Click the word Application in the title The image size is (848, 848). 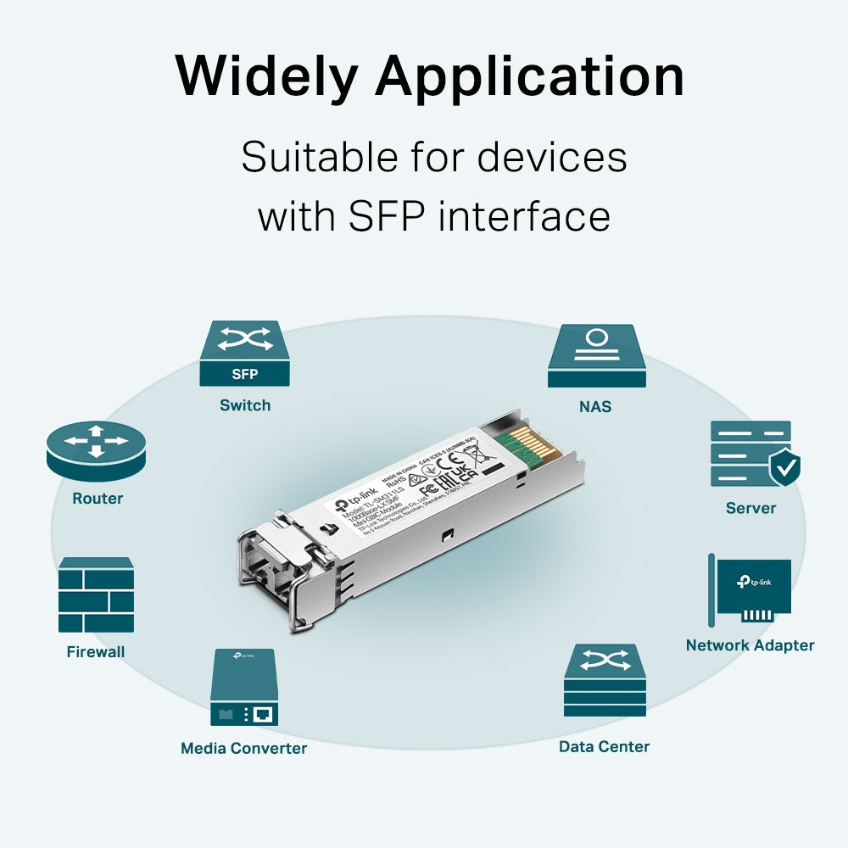[530, 76]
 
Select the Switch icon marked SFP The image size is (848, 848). [244, 354]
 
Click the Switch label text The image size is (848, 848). [245, 405]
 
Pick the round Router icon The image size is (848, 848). [96, 449]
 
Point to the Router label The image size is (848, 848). [98, 499]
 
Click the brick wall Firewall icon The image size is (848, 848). [96, 595]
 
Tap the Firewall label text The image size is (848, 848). [96, 652]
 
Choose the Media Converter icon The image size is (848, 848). [243, 687]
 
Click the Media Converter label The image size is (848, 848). [243, 748]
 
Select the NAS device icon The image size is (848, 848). [594, 357]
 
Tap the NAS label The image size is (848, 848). [595, 407]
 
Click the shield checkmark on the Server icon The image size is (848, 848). [784, 467]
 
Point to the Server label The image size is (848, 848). [750, 508]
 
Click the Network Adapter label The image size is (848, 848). [750, 645]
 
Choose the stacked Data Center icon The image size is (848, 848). [605, 681]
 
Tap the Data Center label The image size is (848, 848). [604, 747]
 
